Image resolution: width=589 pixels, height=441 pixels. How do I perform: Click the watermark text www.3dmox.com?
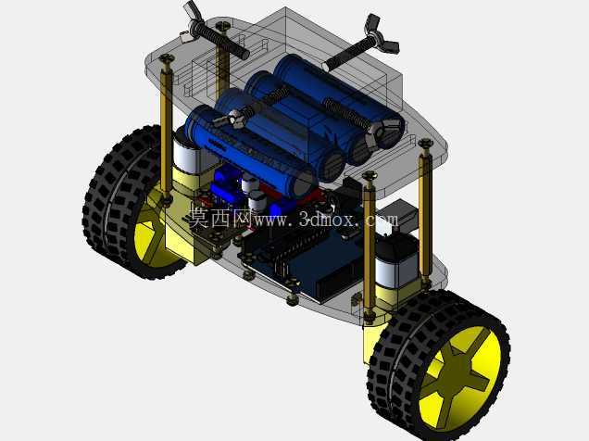click(x=326, y=219)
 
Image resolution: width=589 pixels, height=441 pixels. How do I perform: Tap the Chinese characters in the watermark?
click(x=219, y=218)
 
